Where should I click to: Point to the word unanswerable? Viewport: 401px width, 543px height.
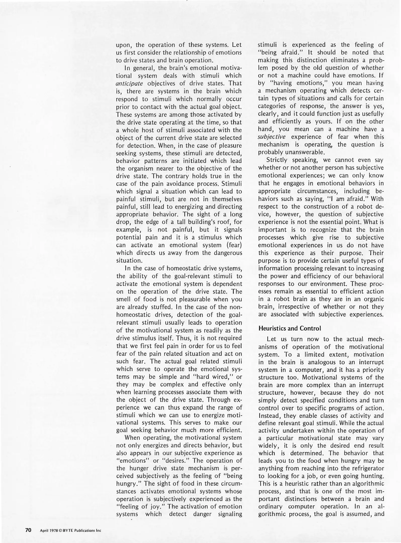point(303,152)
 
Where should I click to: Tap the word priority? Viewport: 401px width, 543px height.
point(373,370)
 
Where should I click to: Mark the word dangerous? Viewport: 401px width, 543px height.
point(228,253)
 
